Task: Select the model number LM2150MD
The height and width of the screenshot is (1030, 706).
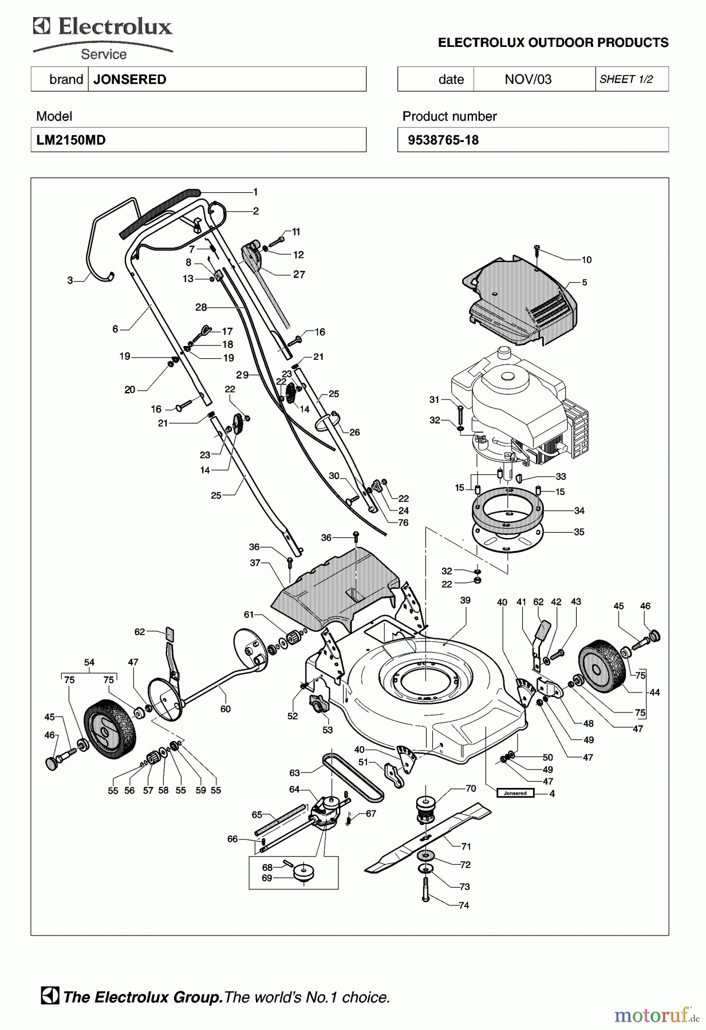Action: click(71, 140)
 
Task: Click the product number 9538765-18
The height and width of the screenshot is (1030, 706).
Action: click(443, 140)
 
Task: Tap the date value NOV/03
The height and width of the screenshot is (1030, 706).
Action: click(528, 80)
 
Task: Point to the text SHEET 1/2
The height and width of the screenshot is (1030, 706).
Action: click(626, 80)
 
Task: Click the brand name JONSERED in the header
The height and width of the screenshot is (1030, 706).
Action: click(129, 80)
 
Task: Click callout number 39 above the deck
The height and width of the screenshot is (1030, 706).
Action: click(465, 600)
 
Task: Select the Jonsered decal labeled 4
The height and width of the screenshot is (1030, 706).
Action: click(515, 793)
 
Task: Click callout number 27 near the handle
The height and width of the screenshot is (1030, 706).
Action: click(299, 274)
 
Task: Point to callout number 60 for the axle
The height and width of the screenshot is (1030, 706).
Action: click(226, 709)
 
